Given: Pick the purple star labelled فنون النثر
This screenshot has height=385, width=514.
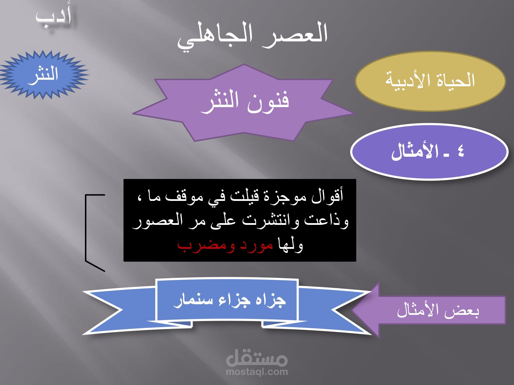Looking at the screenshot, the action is pos(244,103).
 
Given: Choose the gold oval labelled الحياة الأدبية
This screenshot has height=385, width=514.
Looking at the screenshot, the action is pos(430,81).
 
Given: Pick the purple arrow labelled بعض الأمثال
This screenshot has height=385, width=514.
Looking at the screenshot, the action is pos(429,310).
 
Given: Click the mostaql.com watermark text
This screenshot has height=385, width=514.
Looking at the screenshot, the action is pos(257,371).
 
